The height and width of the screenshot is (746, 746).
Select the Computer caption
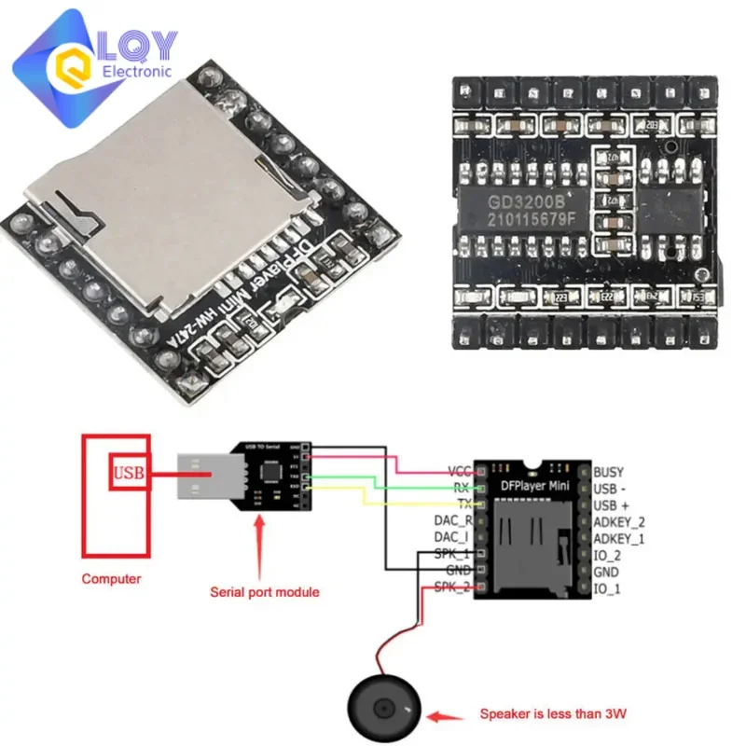[111, 579]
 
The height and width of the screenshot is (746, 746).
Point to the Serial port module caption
[264, 591]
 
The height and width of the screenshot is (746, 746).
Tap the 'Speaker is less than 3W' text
[553, 715]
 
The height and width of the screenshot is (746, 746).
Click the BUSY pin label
[608, 472]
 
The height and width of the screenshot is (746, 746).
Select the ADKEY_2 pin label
[619, 522]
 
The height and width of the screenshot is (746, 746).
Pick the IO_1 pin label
[607, 588]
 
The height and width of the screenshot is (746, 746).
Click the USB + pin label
[613, 505]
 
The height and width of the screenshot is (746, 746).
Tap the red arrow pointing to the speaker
[446, 715]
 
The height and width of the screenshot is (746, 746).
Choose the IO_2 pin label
[607, 555]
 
